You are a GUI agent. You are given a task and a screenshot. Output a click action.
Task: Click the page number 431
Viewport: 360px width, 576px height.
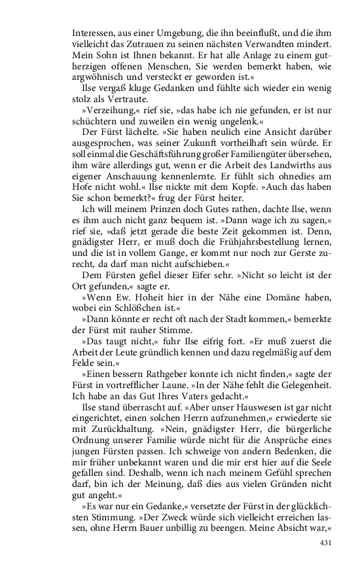325,543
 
